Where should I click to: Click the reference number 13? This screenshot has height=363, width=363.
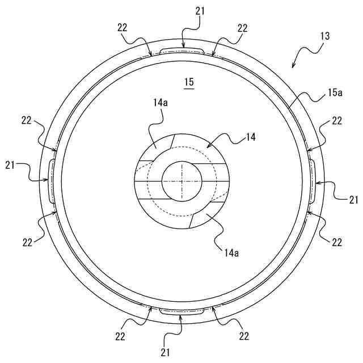tap(325, 36)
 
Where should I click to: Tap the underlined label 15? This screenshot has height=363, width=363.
tap(189, 82)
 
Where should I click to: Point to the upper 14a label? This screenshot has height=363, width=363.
tap(161, 104)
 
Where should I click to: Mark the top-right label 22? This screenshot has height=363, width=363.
tap(242, 28)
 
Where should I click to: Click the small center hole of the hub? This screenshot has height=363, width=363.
tap(181, 181)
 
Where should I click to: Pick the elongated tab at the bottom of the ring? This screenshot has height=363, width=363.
tap(181, 311)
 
